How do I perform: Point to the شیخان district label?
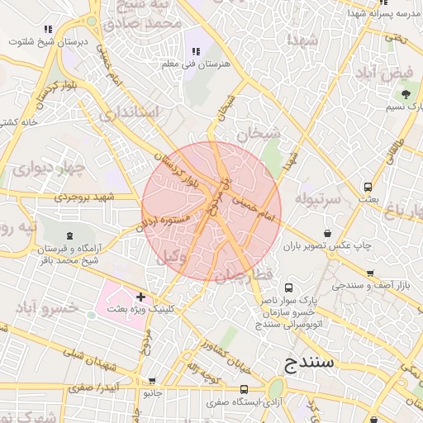(259, 132)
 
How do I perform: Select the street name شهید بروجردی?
(82, 197)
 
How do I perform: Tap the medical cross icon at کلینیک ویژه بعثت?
(140, 297)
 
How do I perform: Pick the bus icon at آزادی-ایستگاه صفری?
(244, 389)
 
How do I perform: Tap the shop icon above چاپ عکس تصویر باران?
(329, 234)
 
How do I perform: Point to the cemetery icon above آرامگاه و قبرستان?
(69, 235)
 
